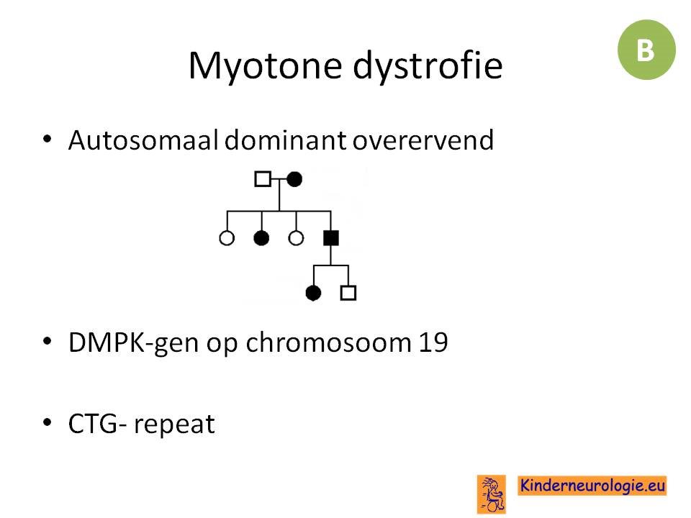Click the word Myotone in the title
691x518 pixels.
(x=266, y=66)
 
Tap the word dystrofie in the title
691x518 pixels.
(x=428, y=66)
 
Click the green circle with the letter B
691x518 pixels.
(x=646, y=50)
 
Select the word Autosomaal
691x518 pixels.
(x=143, y=140)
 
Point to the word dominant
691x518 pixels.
(x=286, y=140)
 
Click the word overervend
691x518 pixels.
(x=423, y=140)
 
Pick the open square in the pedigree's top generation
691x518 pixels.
(x=263, y=179)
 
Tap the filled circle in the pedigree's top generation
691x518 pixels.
(x=294, y=179)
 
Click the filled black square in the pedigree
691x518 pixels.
(x=331, y=238)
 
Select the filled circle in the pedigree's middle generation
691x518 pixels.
(x=261, y=238)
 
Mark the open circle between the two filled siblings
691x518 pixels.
(x=296, y=238)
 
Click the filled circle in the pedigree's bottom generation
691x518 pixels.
(x=313, y=293)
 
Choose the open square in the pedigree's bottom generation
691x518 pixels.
(x=348, y=293)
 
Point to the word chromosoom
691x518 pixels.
(x=328, y=342)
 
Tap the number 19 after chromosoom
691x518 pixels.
(x=433, y=342)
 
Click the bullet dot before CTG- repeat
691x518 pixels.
(x=48, y=422)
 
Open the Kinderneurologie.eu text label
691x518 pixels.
(x=592, y=486)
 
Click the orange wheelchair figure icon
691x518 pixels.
(x=492, y=494)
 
